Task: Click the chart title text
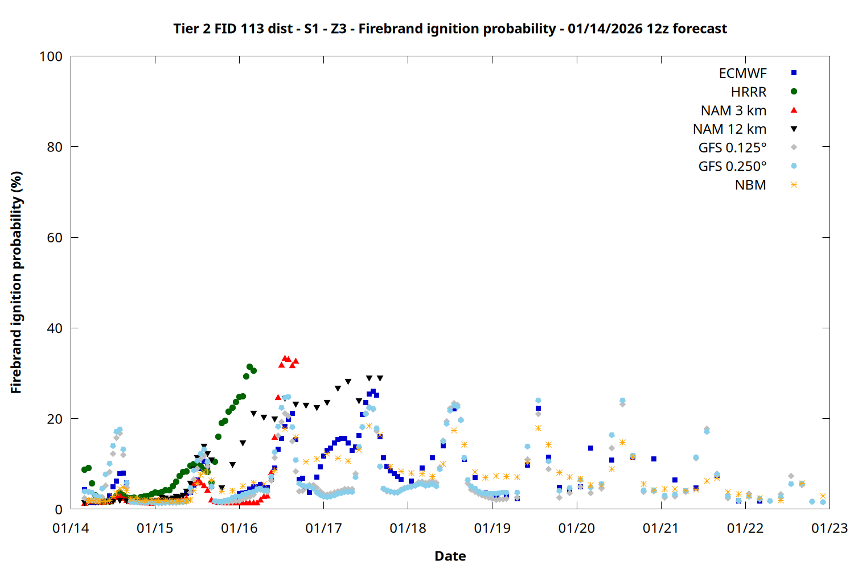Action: (x=450, y=28)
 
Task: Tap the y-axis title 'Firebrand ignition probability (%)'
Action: (x=17, y=282)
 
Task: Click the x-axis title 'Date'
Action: (x=450, y=556)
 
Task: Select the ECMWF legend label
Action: (x=742, y=73)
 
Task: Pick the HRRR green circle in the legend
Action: (x=794, y=92)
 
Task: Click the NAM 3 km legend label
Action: (x=733, y=110)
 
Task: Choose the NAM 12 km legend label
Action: (x=729, y=129)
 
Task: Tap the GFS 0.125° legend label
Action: (x=732, y=148)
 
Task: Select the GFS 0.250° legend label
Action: (x=732, y=167)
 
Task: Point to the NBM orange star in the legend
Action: (x=794, y=185)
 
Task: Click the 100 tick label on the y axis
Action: (x=51, y=56)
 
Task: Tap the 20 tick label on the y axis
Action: (x=55, y=419)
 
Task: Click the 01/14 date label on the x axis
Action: (x=71, y=529)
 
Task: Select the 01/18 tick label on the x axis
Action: (x=408, y=529)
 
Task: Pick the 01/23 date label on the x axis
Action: (x=829, y=529)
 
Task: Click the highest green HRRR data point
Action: (x=249, y=367)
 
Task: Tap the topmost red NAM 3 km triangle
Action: (x=285, y=358)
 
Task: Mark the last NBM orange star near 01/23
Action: (x=823, y=496)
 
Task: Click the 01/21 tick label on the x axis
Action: (x=660, y=529)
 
